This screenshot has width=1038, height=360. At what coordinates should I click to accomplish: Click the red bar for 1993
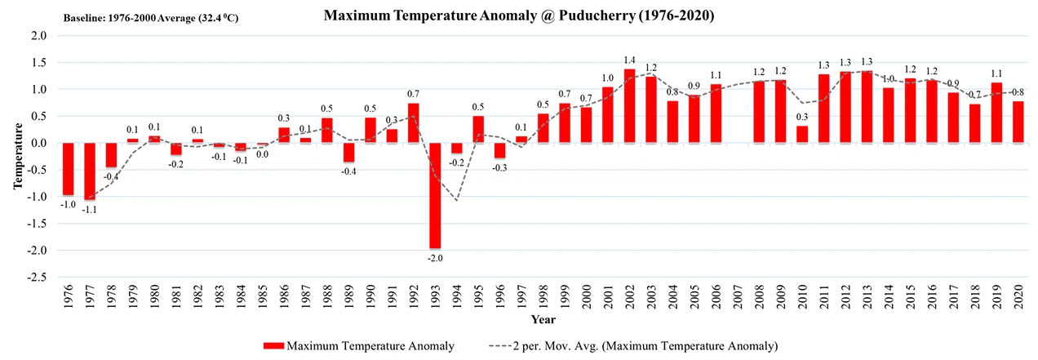click(436, 196)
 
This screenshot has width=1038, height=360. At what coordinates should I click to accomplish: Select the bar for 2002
click(630, 106)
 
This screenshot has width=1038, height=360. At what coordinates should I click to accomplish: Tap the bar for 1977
click(91, 171)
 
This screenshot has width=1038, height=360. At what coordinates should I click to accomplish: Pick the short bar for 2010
click(802, 135)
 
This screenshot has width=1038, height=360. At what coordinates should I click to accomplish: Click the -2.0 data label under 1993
click(436, 259)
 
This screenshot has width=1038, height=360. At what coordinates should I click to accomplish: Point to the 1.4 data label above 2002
click(630, 60)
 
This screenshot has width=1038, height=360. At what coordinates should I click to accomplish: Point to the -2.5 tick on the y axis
click(38, 278)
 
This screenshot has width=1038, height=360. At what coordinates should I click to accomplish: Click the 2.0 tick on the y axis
click(39, 36)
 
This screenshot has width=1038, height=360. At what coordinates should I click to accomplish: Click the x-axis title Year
click(543, 319)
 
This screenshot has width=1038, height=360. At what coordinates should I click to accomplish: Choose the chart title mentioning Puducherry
click(519, 16)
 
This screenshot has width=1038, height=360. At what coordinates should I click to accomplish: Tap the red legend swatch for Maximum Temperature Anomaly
click(273, 346)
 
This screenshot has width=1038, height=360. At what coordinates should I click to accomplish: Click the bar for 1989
click(349, 153)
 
